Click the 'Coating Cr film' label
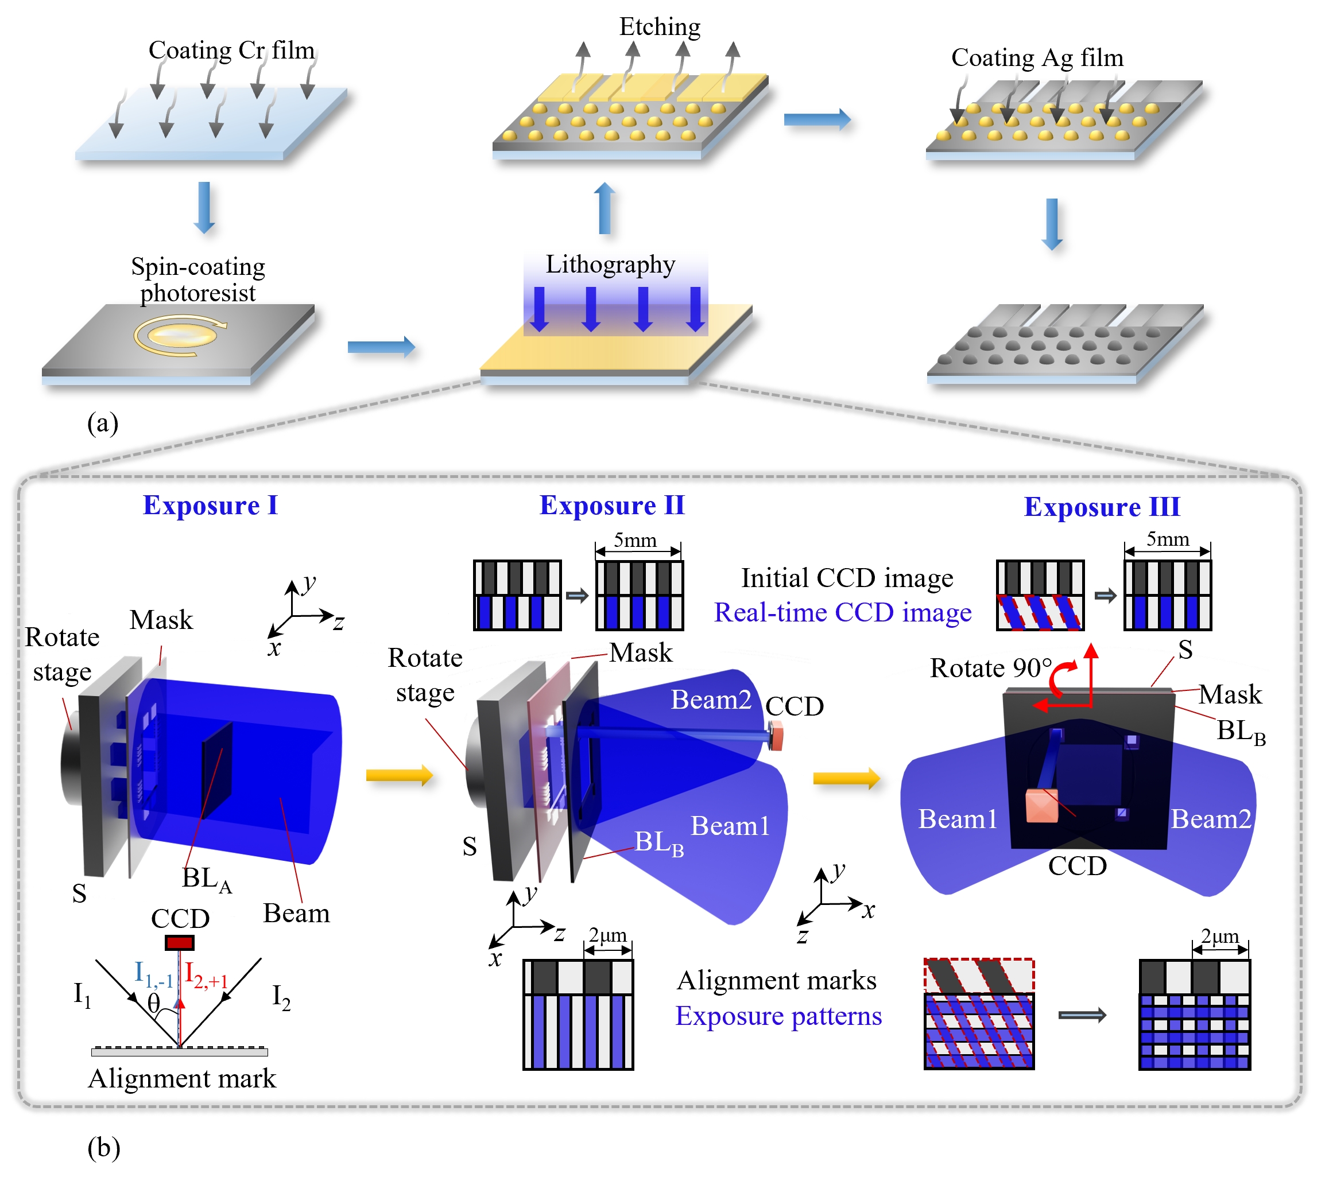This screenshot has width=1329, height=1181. click(231, 50)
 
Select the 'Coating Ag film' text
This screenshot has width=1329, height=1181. click(1037, 58)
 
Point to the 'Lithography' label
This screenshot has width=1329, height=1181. click(610, 265)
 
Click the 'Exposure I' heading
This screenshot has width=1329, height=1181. click(210, 506)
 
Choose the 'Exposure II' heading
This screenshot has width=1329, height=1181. click(612, 506)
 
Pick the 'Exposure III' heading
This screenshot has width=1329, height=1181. click(1102, 507)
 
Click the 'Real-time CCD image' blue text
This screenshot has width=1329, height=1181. click(843, 612)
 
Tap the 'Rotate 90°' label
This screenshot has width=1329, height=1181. click(990, 668)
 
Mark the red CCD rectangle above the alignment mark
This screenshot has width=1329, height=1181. click(180, 942)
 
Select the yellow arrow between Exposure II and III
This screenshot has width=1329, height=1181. click(846, 778)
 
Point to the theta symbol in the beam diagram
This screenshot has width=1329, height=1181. click(153, 1003)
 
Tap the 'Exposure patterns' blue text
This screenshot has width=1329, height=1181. click(778, 1016)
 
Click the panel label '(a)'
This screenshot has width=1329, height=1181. click(103, 423)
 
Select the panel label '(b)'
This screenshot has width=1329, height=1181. click(104, 1148)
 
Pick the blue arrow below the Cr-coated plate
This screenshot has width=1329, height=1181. click(204, 207)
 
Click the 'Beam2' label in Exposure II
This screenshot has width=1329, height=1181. click(711, 700)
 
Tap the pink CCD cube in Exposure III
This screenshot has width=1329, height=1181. click(1041, 806)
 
